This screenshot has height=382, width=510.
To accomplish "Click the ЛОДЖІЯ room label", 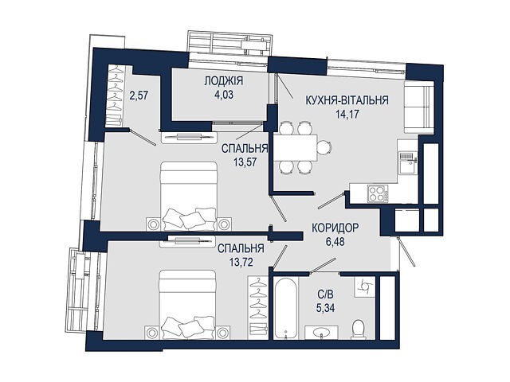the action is (224, 81).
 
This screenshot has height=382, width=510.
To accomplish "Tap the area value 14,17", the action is (347, 114).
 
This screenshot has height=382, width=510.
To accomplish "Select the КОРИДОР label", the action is (335, 228).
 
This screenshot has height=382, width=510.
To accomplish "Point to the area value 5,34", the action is (325, 307).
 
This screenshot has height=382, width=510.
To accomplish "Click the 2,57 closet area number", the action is (139, 95).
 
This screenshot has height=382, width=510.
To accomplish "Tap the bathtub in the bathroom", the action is (285, 308).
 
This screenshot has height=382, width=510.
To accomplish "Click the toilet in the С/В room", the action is (358, 329).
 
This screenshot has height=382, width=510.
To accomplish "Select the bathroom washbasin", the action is (321, 333).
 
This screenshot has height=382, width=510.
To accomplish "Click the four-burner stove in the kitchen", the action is (378, 193).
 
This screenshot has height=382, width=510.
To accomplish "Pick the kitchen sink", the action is (407, 163).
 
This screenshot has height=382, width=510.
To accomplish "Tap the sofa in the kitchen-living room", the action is (419, 107).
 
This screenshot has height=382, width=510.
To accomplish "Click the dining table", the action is (296, 148).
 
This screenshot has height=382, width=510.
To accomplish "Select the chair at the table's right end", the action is (324, 148).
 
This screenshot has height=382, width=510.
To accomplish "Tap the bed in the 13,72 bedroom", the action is (188, 305).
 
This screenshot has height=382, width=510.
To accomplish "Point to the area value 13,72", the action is (241, 262).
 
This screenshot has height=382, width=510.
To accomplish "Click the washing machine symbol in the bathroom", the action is (364, 286).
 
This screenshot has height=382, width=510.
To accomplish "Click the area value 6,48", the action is (335, 241).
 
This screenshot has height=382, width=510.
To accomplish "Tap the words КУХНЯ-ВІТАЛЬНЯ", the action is (347, 100).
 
